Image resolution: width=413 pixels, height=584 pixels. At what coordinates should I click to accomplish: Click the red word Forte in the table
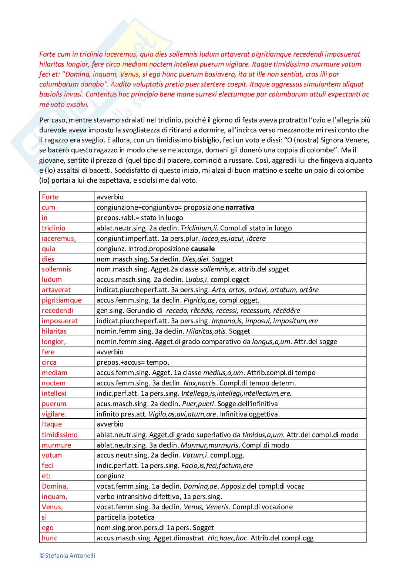click(50, 197)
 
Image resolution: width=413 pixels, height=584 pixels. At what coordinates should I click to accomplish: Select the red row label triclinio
click(53, 228)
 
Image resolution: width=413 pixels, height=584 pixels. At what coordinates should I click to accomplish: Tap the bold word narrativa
click(240, 207)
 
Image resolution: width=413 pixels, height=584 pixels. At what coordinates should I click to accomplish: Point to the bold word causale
click(203, 249)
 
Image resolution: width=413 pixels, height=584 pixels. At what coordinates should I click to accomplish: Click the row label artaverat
click(56, 290)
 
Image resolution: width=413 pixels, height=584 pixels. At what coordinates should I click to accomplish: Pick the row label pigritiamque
click(61, 300)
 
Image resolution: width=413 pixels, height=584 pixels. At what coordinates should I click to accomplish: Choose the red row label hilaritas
click(54, 331)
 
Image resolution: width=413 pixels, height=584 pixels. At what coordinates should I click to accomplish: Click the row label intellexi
click(54, 394)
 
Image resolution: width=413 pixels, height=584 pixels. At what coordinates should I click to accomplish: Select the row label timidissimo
click(60, 435)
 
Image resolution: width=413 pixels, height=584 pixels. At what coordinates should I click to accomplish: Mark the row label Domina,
click(55, 486)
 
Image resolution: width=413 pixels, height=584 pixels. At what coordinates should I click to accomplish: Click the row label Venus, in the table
click(52, 507)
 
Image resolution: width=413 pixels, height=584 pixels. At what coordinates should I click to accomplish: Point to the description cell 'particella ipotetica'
click(125, 517)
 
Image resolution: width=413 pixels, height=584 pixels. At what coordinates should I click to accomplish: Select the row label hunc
click(50, 538)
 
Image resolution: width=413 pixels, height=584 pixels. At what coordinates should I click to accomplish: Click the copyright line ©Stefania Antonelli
click(67, 556)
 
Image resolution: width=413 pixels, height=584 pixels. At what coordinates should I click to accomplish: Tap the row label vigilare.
click(54, 414)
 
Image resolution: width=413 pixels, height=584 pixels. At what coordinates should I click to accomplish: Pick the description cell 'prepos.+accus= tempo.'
click(132, 362)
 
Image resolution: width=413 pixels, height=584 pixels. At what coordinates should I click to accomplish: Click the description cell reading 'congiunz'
click(110, 476)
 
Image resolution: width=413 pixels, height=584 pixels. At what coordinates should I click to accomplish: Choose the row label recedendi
click(57, 311)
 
